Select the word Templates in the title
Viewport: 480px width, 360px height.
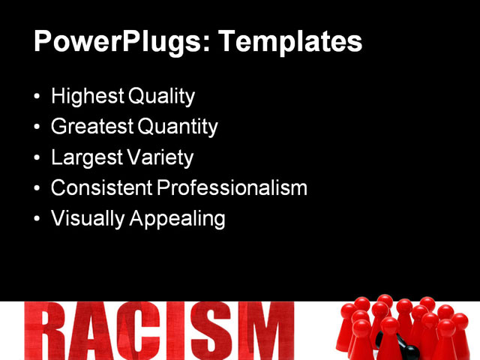[290, 42]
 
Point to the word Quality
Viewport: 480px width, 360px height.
[161, 97]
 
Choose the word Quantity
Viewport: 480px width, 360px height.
[178, 127]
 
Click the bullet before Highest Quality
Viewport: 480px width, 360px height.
[38, 97]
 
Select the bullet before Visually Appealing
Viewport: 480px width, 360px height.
[38, 219]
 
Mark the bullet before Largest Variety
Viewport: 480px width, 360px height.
[38, 158]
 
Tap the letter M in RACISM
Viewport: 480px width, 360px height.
[259, 332]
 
